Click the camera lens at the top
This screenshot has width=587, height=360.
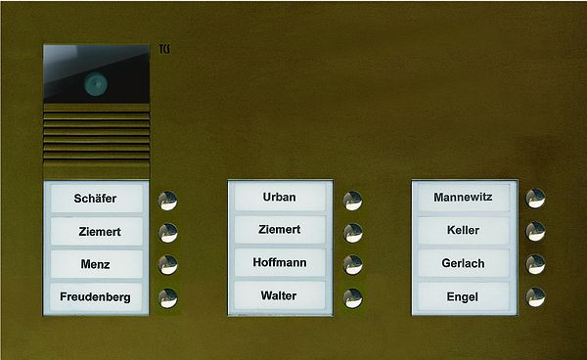point(95,84)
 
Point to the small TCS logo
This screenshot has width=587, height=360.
point(164,49)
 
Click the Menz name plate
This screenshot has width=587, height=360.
point(95,264)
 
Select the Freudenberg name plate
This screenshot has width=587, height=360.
point(95,296)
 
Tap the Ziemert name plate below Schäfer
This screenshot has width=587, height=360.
point(95,232)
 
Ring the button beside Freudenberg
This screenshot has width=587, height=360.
point(168,297)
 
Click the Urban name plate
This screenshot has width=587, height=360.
point(279,197)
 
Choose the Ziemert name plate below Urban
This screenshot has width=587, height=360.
point(279,230)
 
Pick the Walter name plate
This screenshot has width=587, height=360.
point(279,294)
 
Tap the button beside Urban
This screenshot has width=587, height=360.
point(353,199)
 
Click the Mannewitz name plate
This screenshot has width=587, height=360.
point(463,199)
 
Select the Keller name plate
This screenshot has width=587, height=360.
point(463,231)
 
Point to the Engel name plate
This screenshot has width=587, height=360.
point(463,295)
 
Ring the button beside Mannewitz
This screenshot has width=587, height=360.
point(535,199)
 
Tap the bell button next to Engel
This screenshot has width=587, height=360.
point(535,297)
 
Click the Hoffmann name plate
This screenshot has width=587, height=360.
point(279,262)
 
